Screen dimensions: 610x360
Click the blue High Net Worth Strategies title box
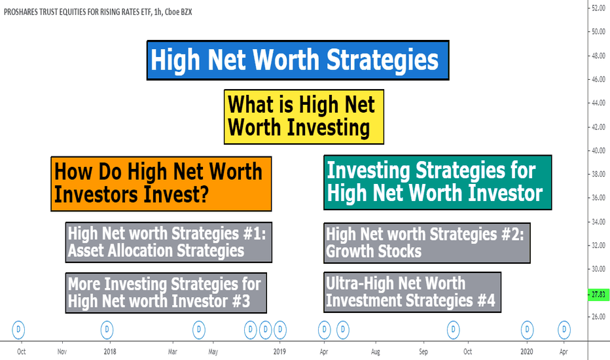coord(298,60)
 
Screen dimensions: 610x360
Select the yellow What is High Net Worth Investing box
coord(304,117)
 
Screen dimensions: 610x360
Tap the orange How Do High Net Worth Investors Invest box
coord(161,184)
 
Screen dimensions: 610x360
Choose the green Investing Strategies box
coord(438,183)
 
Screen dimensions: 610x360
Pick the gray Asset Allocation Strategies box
coord(168,242)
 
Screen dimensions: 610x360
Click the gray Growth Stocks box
coord(427,243)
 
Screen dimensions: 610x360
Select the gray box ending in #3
coord(166,293)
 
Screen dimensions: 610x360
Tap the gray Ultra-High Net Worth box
coord(412,293)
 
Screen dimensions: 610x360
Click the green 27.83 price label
coord(598,295)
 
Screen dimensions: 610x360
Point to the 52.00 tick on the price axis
coord(598,8)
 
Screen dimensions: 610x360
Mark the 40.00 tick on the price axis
coord(598,151)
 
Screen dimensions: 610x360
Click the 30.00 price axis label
coord(598,269)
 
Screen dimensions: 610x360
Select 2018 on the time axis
coord(110,351)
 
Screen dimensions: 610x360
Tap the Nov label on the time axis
coord(62,351)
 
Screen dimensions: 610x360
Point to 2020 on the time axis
coord(526,351)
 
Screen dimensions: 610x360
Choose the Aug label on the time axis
coord(376,351)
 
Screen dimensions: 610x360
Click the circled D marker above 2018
coord(107,330)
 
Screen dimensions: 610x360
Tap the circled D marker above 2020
coord(527,330)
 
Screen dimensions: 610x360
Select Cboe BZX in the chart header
coord(178,12)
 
